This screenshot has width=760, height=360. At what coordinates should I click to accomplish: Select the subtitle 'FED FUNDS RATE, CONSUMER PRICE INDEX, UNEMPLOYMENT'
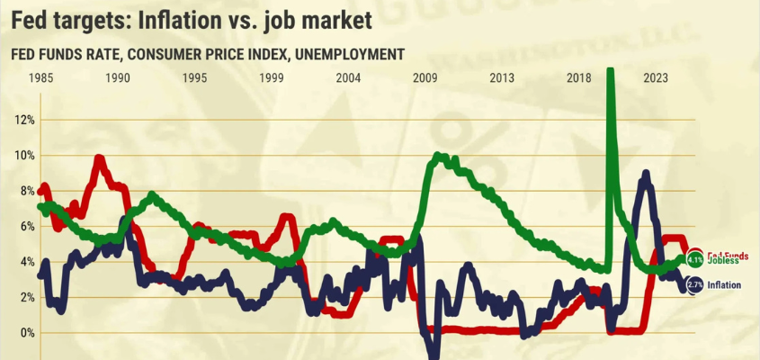[207, 54]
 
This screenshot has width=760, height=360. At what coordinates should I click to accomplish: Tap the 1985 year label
[40, 78]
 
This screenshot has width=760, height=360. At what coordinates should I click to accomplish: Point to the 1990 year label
[117, 78]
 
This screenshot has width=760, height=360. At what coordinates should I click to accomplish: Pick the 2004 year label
[348, 78]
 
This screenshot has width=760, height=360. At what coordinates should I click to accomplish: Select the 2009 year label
[425, 78]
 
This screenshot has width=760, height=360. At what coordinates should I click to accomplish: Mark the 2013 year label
[502, 78]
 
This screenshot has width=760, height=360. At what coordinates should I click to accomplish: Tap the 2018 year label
[579, 78]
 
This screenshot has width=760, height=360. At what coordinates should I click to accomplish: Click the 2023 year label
[656, 78]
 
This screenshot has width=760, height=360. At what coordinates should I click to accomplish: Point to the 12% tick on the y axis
[23, 120]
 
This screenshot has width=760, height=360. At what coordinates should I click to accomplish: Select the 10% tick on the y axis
[23, 155]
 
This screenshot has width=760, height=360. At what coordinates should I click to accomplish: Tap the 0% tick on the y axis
[26, 332]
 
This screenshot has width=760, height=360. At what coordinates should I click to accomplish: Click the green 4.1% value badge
[694, 260]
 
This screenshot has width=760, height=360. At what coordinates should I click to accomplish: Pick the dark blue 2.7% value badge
[694, 285]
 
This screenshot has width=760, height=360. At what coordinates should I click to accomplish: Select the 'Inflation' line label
[725, 285]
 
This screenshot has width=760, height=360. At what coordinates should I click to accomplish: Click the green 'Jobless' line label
[723, 261]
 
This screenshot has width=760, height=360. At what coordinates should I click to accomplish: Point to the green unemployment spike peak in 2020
[612, 72]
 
